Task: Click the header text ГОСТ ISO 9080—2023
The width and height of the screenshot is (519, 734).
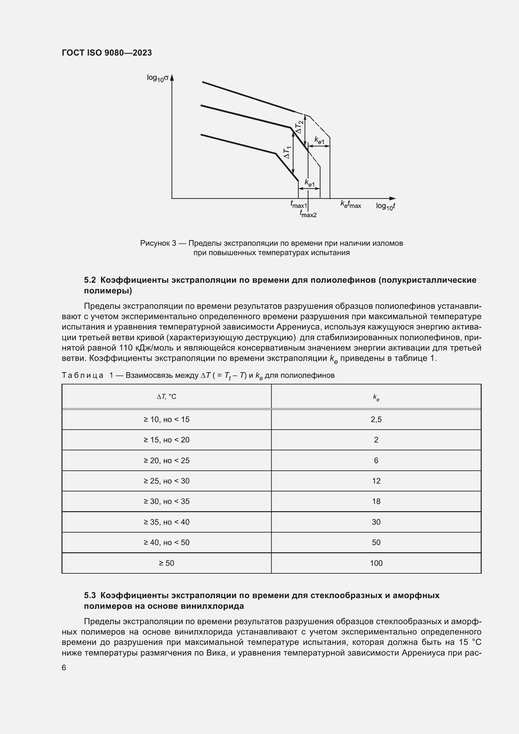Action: (107, 53)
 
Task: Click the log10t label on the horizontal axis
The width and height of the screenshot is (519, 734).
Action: (385, 206)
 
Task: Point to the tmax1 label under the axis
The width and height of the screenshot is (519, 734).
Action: (298, 204)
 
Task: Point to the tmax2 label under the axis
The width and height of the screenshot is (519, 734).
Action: (308, 214)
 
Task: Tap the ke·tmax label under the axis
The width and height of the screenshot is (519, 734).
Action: (350, 205)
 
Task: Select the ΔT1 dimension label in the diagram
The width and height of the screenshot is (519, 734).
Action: (287, 152)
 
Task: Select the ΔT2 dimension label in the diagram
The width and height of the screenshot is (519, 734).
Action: (299, 127)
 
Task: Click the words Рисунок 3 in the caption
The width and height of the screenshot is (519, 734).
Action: (158, 243)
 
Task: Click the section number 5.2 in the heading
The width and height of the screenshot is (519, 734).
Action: (90, 280)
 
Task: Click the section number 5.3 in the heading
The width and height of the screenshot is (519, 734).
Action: (90, 595)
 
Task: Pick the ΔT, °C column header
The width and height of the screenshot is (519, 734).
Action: (167, 397)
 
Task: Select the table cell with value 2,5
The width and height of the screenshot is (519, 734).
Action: (376, 420)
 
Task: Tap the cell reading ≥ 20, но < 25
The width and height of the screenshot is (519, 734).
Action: (167, 461)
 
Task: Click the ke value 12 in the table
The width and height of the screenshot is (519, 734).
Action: (376, 481)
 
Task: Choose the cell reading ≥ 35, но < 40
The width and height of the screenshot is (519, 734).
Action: (167, 522)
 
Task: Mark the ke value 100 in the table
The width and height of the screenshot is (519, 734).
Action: (376, 563)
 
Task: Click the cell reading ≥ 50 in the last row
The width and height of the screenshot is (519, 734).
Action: (167, 563)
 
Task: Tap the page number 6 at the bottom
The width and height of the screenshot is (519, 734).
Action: (64, 667)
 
